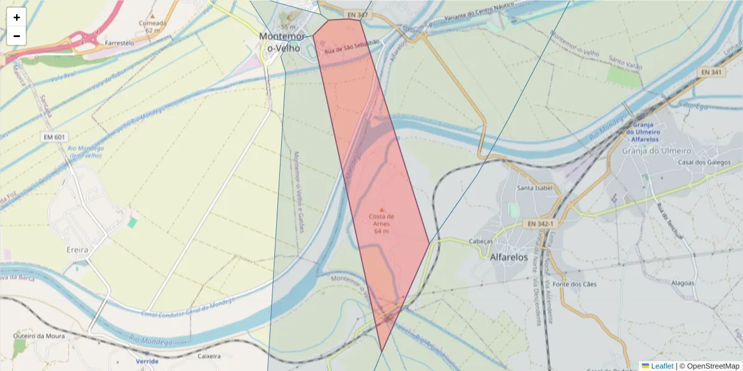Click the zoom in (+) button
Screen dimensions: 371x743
[x=17, y=17]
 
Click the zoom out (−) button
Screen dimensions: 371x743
[x=17, y=36]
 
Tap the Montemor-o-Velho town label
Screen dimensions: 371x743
[x=279, y=42]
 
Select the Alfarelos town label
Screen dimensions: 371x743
[x=508, y=257]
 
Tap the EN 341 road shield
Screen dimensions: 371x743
[x=712, y=72]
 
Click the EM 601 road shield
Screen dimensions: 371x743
[x=55, y=136]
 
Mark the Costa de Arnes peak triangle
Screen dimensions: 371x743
[x=381, y=209]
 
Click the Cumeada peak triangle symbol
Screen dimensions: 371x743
[x=152, y=15]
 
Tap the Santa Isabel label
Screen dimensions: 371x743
[x=534, y=189]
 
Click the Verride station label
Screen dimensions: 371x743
[x=147, y=361]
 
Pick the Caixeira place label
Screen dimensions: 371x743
[x=209, y=356]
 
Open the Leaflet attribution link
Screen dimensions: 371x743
[x=661, y=366]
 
